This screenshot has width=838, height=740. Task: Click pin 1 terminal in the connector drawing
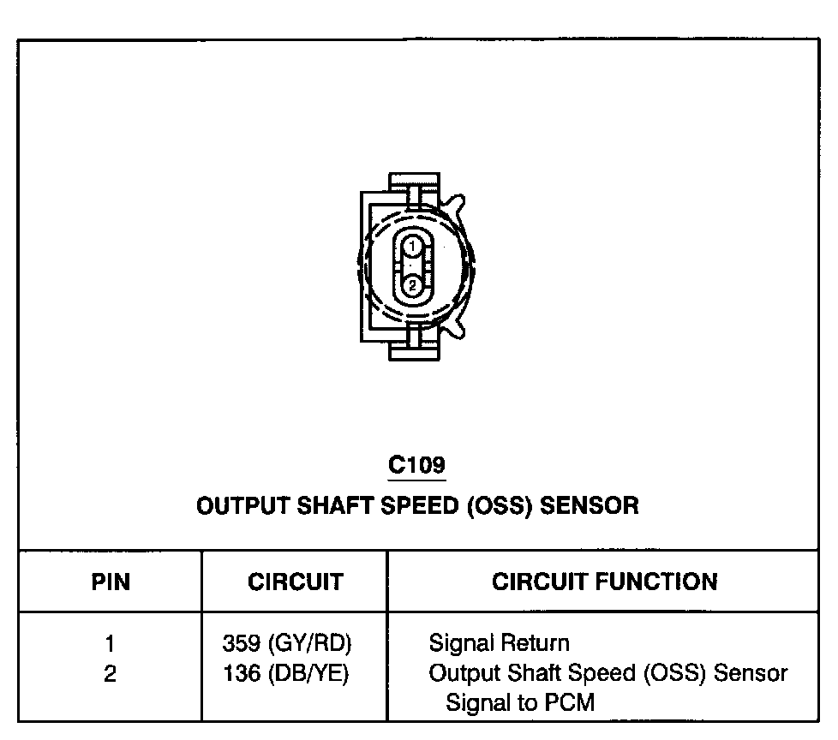point(412,247)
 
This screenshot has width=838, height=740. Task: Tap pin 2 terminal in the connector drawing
point(412,285)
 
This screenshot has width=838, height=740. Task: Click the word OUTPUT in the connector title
point(243,505)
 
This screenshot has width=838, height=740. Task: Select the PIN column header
point(111,582)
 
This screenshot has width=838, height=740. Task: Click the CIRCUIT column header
point(296,582)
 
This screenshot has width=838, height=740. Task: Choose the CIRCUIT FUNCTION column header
point(604,582)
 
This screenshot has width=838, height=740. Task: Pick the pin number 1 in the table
point(111,643)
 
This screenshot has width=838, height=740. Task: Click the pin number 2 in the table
point(111,674)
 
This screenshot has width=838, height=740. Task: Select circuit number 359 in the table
point(241,643)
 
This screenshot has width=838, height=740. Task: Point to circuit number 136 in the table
point(241,674)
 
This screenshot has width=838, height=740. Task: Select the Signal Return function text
point(499,643)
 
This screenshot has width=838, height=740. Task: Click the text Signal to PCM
point(519,703)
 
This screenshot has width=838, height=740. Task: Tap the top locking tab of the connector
point(414,188)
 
